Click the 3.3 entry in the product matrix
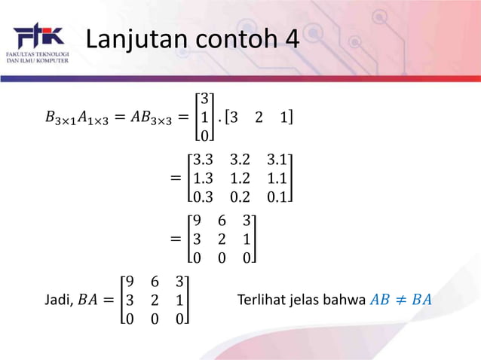pyautogui.click(x=204, y=160)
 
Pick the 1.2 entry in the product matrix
pyautogui.click(x=240, y=178)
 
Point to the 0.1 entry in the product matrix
pyautogui.click(x=277, y=197)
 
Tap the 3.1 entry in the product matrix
pyautogui.click(x=277, y=160)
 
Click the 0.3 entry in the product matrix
pyautogui.click(x=204, y=197)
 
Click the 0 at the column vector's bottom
pyautogui.click(x=204, y=136)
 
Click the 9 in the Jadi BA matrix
pyautogui.click(x=132, y=282)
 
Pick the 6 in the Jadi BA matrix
pyautogui.click(x=155, y=282)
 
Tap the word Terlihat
pyautogui.click(x=259, y=301)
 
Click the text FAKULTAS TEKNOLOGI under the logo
pyautogui.click(x=38, y=55)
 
